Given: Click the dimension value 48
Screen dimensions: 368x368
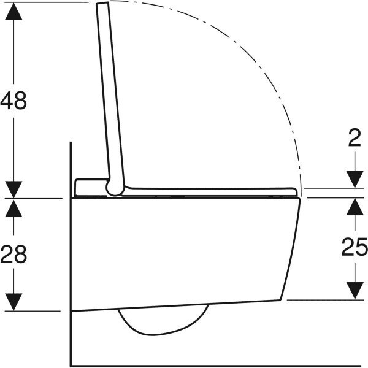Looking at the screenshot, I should [x=14, y=100].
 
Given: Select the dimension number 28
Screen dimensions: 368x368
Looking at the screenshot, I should [x=14, y=254].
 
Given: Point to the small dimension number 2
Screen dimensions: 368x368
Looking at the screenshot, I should [x=355, y=139].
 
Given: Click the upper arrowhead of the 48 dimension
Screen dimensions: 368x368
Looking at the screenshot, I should [x=14, y=10].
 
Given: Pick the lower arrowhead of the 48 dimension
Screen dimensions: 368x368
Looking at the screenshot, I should [x=14, y=190].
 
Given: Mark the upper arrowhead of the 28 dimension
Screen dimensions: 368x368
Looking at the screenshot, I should [x=14, y=207].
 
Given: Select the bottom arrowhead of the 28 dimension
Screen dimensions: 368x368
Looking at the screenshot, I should [x=14, y=302].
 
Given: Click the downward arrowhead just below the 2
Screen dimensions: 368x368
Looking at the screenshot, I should [x=355, y=180].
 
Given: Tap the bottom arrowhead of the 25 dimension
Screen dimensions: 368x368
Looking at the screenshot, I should [x=355, y=291].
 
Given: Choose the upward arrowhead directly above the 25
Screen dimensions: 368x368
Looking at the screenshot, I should [x=355, y=207].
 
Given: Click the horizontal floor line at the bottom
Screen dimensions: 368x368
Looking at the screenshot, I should [x=215, y=366].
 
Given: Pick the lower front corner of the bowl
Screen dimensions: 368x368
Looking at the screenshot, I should [x=282, y=299].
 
